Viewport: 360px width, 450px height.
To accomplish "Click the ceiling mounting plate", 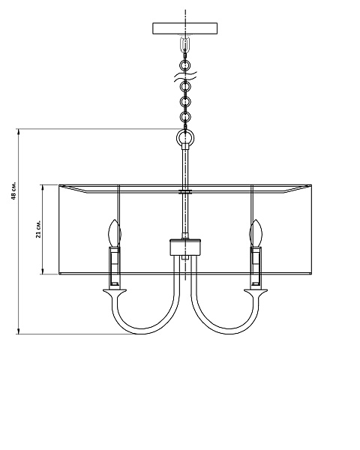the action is coord(185,28).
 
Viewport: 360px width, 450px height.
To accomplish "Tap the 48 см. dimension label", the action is coord(13,190).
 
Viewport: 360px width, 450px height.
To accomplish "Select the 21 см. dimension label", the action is coord(38,229).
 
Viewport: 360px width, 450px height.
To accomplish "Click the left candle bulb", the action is coord(114,233).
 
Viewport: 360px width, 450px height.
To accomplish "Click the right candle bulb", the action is coord(256,233).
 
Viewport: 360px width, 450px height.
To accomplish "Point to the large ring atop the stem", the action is coord(185,138).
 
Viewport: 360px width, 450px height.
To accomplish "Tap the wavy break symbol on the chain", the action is coord(185,76).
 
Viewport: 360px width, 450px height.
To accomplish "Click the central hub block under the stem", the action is coord(185,247).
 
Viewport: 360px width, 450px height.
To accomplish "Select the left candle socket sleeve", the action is coord(114,266).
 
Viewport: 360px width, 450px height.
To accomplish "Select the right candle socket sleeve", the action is coord(256,266).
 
